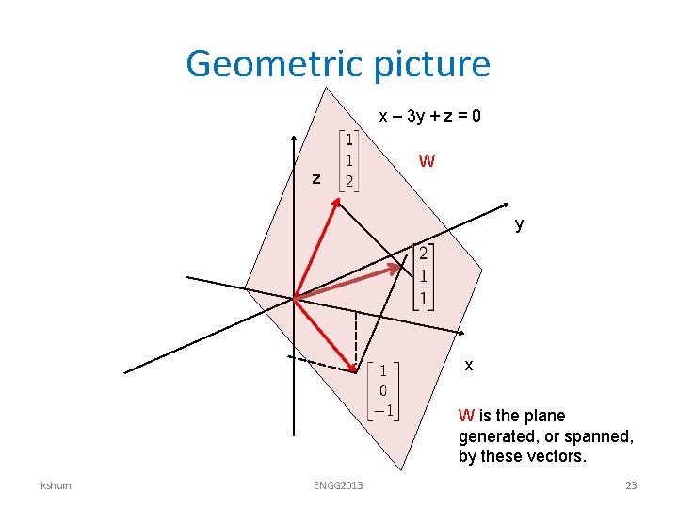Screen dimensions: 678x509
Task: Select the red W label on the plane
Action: tap(427, 161)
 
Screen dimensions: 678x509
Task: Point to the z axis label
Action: tap(317, 177)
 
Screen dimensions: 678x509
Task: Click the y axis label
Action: tap(519, 225)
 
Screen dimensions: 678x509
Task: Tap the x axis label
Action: tap(469, 364)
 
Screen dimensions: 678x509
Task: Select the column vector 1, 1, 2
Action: tap(348, 160)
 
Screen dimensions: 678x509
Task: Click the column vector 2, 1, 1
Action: tap(424, 276)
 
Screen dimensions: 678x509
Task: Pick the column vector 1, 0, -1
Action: tap(383, 390)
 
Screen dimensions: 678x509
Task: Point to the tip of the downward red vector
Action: tap(354, 369)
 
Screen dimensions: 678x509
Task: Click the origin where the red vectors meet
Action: tap(295, 299)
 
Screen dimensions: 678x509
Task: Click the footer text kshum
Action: tap(54, 485)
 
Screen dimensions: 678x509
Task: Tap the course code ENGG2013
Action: tap(338, 485)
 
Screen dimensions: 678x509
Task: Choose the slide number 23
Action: tap(631, 485)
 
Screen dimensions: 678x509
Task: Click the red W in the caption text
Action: tap(466, 416)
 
